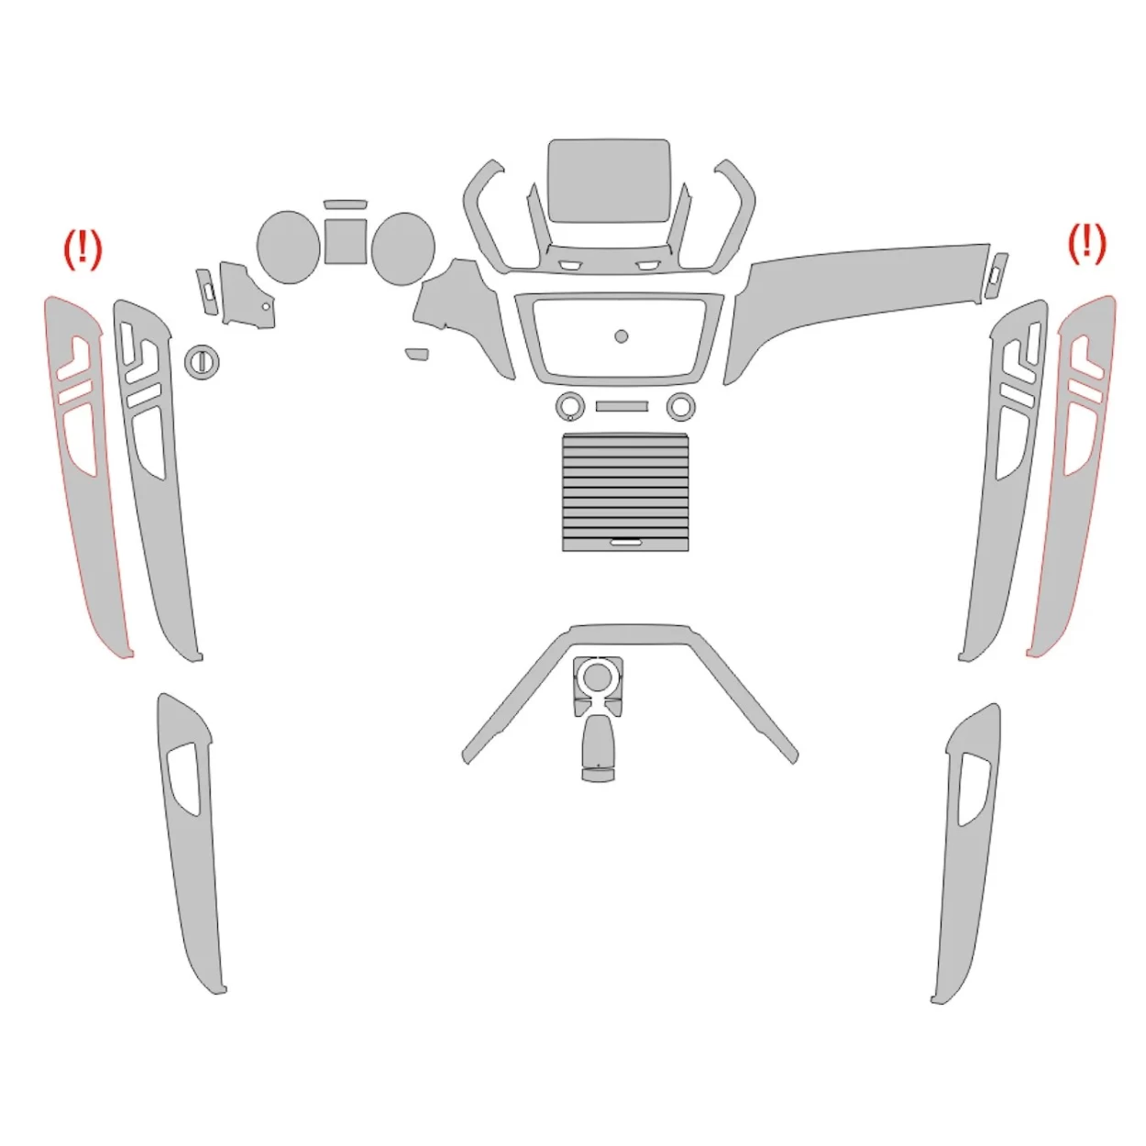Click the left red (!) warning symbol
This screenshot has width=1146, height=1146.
tap(83, 249)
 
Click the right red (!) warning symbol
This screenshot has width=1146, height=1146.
tap(1087, 244)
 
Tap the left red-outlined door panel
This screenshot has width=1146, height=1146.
tap(92, 532)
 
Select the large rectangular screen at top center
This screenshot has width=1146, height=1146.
tap(608, 180)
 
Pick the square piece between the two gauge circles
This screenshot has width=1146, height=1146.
tap(346, 239)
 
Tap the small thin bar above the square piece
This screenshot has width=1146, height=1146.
tap(345, 204)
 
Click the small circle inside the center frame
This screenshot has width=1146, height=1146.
tap(621, 336)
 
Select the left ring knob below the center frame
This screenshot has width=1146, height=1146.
tap(568, 405)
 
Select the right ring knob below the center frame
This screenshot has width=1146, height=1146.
tap(680, 405)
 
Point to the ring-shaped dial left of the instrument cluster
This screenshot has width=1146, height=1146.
tap(202, 361)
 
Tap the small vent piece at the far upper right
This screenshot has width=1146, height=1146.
tap(997, 274)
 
